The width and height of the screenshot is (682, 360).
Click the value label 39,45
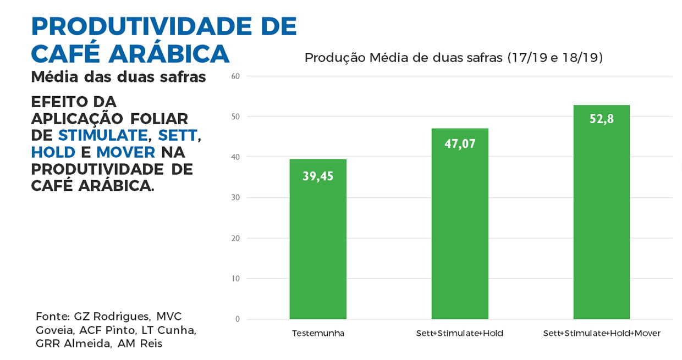[318, 176]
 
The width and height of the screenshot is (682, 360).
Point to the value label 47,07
[460, 145]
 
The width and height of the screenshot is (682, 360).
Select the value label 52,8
[601, 119]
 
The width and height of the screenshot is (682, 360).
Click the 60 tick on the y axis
[235, 76]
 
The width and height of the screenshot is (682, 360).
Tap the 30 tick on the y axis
[235, 198]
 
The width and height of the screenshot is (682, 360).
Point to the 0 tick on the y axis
[238, 319]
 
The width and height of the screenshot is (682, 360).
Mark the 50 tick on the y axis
[235, 117]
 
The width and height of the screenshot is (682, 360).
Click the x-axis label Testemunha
[318, 334]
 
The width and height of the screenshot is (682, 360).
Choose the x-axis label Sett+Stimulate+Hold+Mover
[601, 334]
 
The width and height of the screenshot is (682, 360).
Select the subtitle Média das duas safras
[118, 77]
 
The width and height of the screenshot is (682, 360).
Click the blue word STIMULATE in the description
[103, 135]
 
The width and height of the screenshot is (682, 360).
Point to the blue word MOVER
[125, 152]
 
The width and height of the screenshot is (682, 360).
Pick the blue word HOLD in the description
[53, 152]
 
